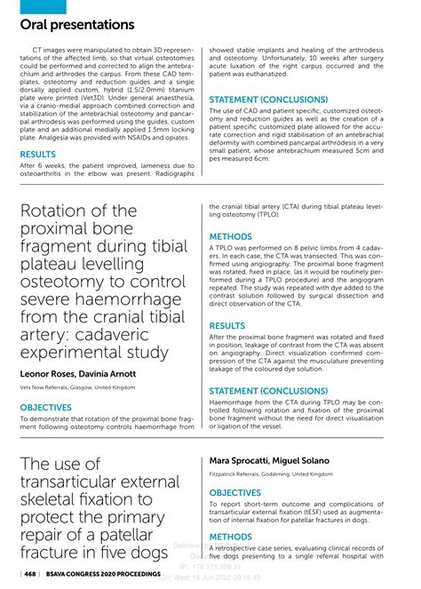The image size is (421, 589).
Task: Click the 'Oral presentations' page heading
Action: click(77, 25)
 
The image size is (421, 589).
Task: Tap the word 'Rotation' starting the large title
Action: click(57, 213)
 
